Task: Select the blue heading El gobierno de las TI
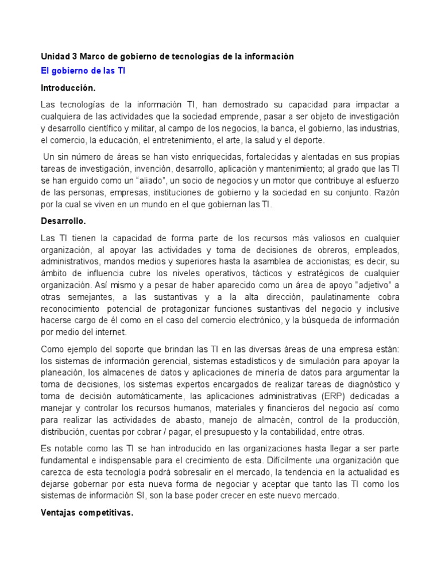click(83, 71)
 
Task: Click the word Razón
click(386, 192)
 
